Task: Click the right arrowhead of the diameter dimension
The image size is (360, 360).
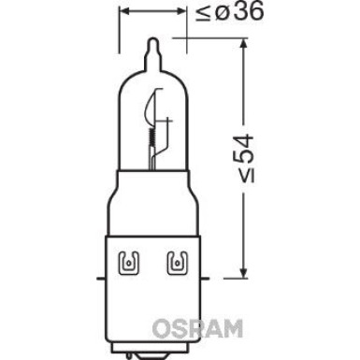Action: coord(182,14)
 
